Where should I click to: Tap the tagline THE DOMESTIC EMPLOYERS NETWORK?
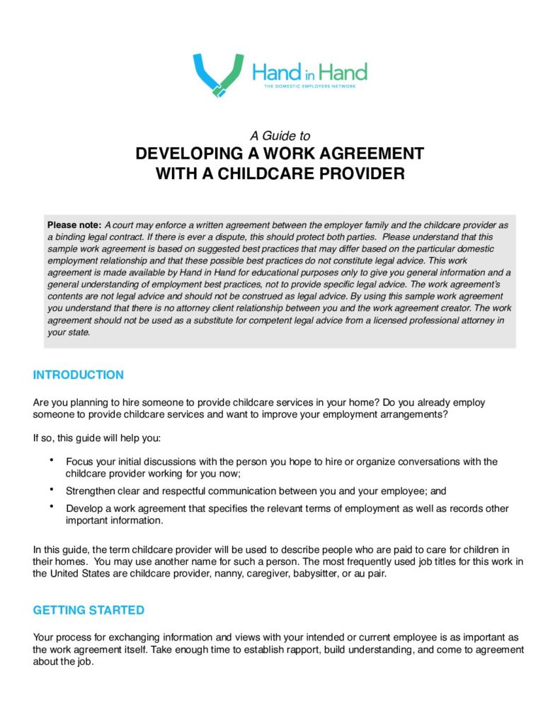coord(309,86)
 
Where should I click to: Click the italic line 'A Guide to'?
coord(280,135)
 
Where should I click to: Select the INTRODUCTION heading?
coord(79,375)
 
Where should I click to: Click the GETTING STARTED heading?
coord(88,610)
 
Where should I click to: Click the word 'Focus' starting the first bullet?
coord(80,462)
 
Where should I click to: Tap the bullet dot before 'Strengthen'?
coord(52,489)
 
